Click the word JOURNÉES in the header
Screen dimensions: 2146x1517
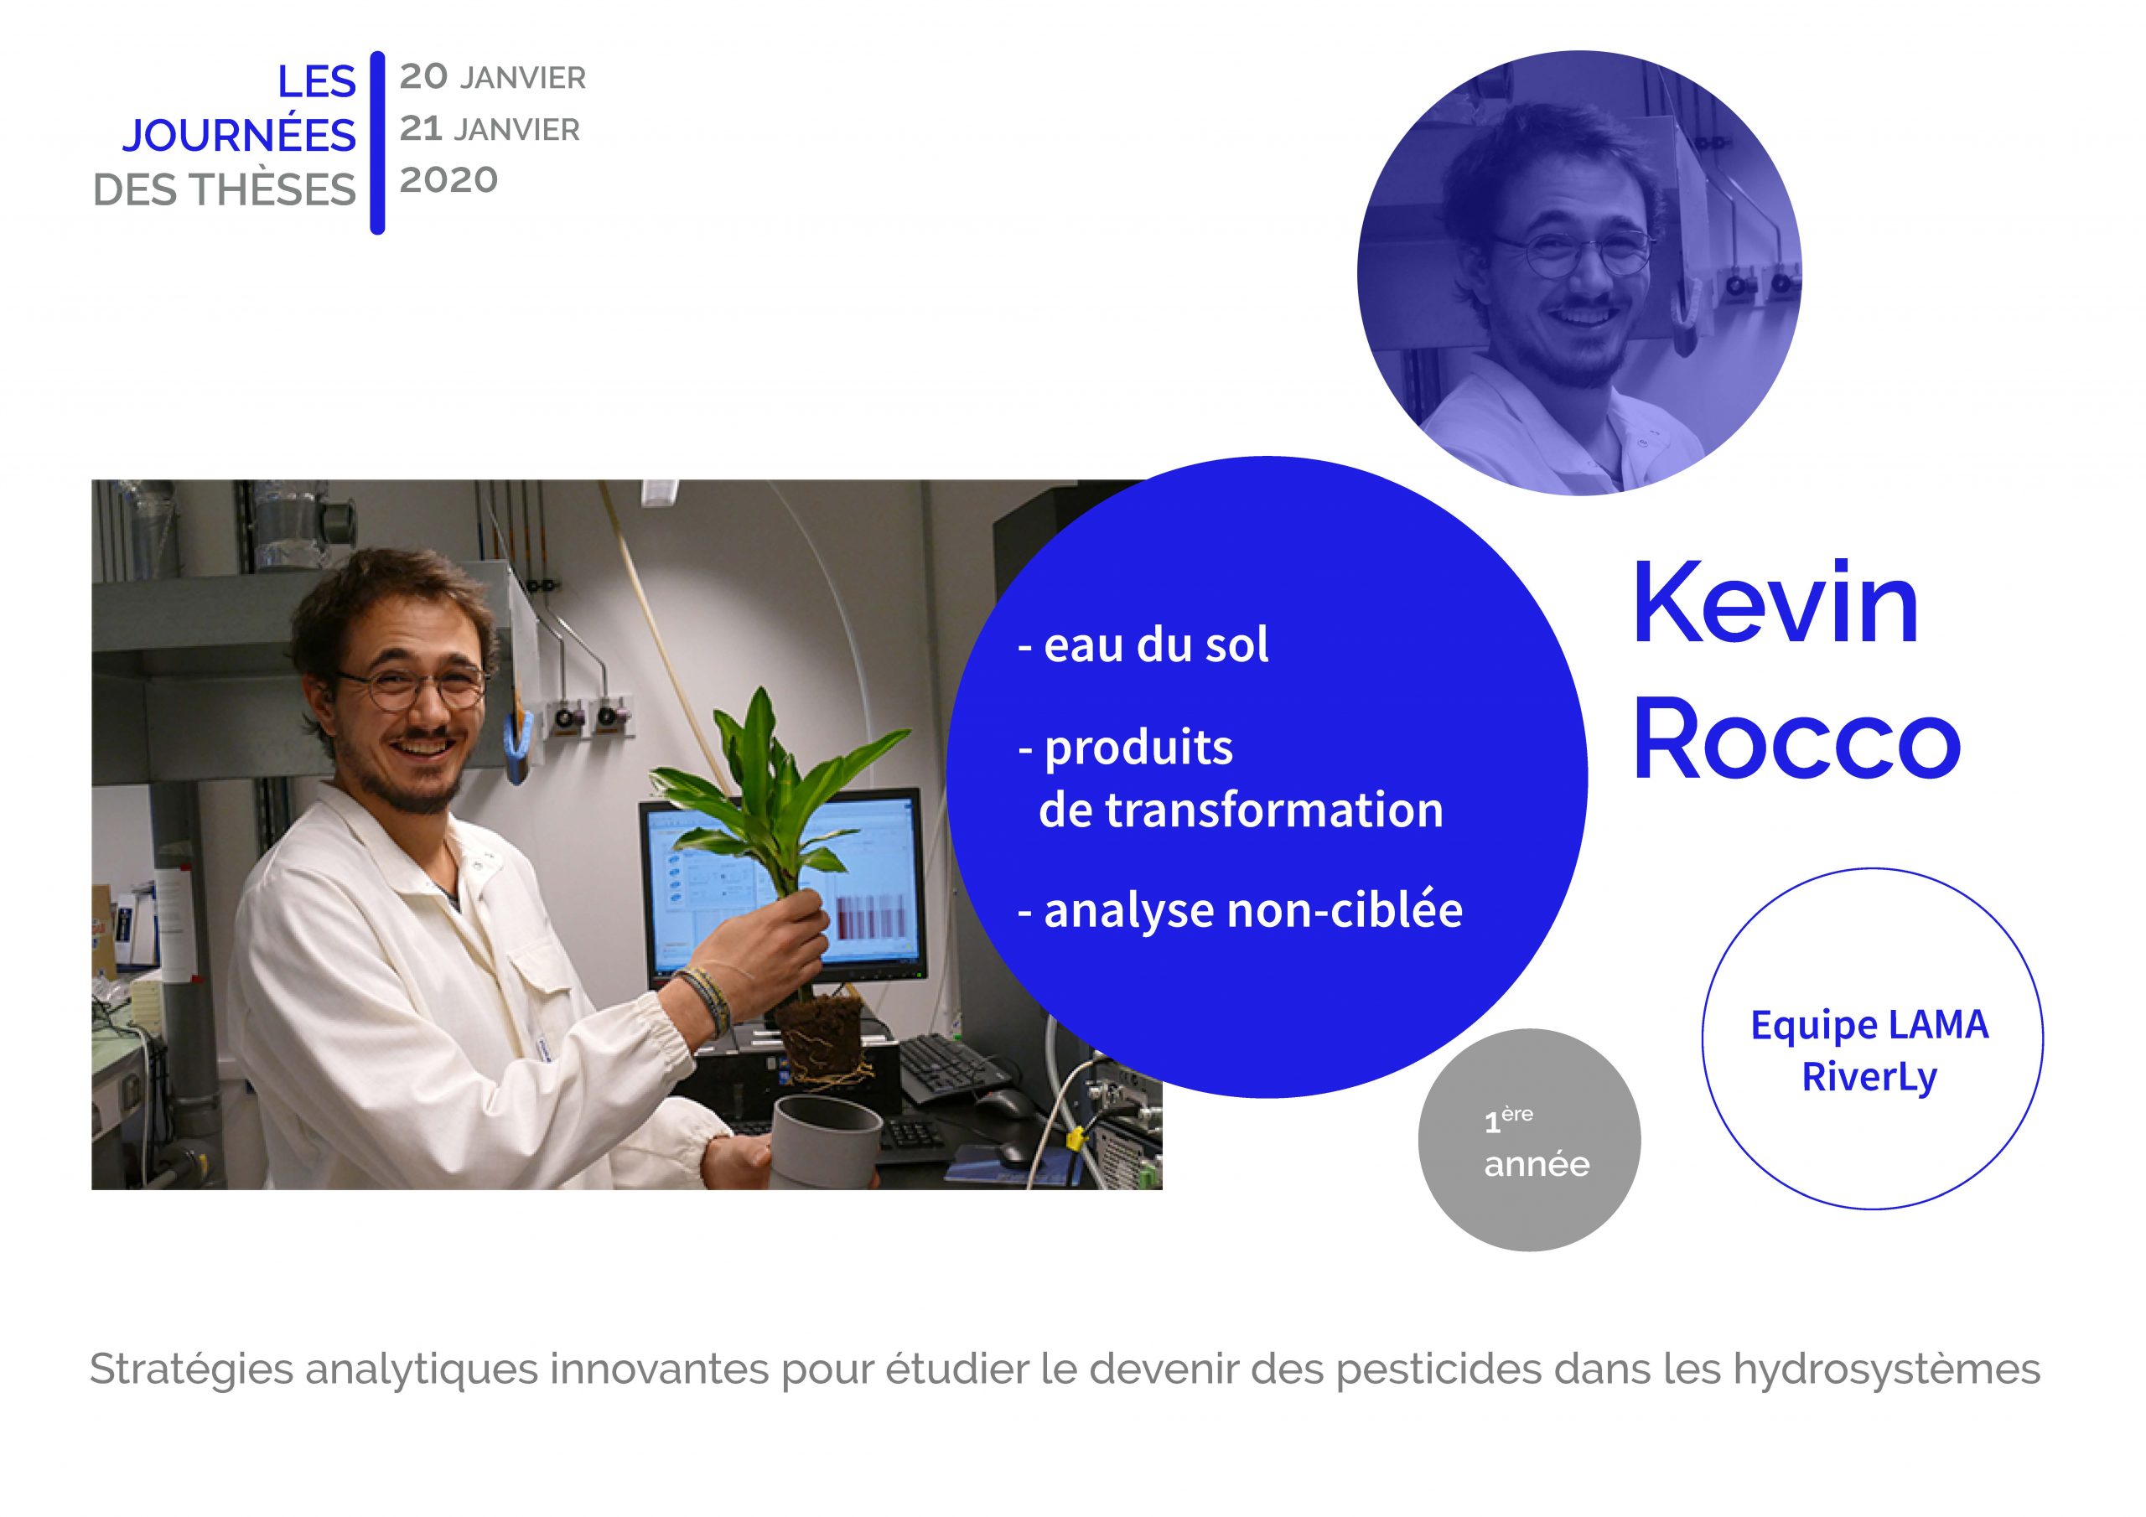click(238, 137)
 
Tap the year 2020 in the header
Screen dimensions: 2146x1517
click(448, 179)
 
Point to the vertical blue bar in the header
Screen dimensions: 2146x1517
click(377, 142)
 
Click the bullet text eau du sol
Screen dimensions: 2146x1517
click(1143, 645)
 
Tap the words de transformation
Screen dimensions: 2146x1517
click(1241, 809)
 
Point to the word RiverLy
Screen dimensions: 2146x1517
click(1869, 1077)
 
